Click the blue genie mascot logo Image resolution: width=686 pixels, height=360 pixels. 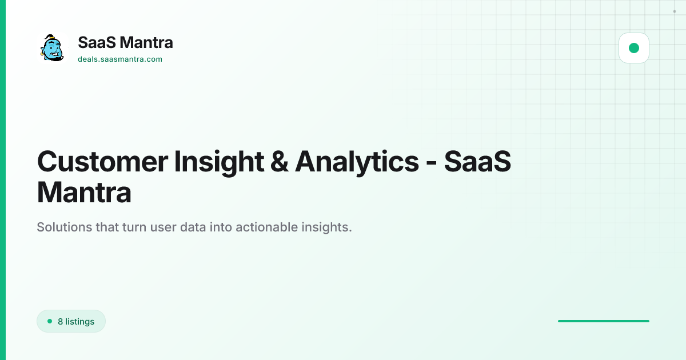[x=52, y=48]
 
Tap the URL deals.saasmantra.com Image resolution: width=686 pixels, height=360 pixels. [x=120, y=59]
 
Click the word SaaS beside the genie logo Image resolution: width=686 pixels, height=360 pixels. [x=97, y=42]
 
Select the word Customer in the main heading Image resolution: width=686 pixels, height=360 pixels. [x=102, y=162]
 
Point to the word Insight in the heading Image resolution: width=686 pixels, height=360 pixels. [x=219, y=163]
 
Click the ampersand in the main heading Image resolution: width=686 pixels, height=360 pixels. [x=280, y=162]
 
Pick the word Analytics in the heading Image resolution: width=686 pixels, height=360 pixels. [x=357, y=163]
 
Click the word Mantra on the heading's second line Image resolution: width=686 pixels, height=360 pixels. [x=84, y=192]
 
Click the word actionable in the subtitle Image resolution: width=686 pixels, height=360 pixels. [x=266, y=227]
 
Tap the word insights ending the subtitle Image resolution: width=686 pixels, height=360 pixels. [x=327, y=228]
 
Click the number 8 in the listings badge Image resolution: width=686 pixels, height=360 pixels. [x=61, y=321]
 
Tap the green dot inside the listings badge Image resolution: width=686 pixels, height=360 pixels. [x=50, y=321]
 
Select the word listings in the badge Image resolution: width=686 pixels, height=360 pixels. [x=79, y=322]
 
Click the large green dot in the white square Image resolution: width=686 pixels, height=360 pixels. [x=634, y=48]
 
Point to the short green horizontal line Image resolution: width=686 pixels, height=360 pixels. [x=604, y=321]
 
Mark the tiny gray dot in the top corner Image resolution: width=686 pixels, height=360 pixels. [x=675, y=11]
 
